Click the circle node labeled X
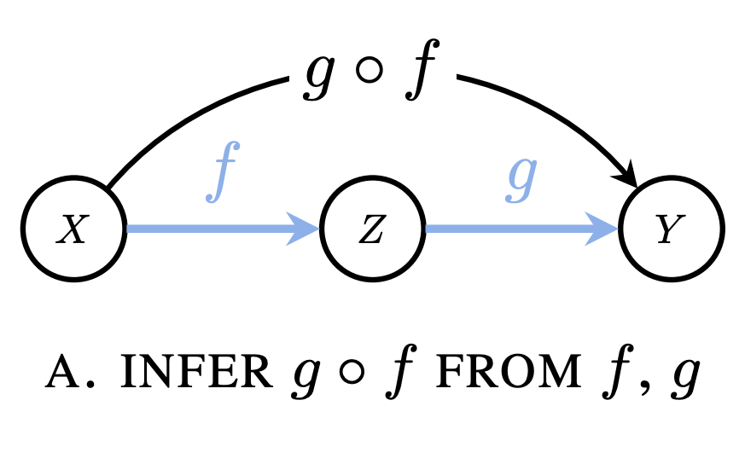pyautogui.click(x=73, y=229)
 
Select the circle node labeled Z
pyautogui.click(x=372, y=229)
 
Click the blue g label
pyautogui.click(x=522, y=177)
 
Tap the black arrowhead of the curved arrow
pyautogui.click(x=629, y=174)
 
